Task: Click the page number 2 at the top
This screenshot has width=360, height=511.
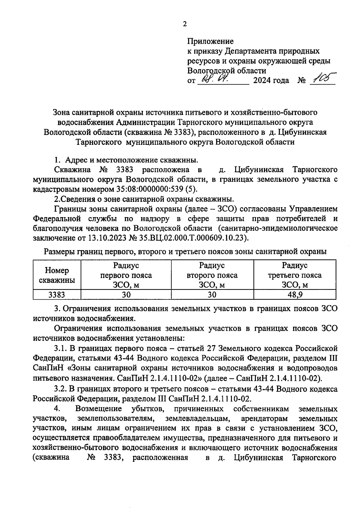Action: click(x=185, y=24)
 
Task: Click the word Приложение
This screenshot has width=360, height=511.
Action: click(x=210, y=41)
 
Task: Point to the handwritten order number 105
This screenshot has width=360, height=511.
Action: click(x=323, y=79)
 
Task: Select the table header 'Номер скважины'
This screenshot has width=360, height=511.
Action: click(x=57, y=275)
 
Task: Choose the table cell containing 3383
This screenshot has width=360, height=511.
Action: click(x=57, y=294)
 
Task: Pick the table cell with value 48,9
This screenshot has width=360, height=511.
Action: click(x=295, y=294)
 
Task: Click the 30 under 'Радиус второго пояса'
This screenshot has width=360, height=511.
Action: click(x=212, y=294)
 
